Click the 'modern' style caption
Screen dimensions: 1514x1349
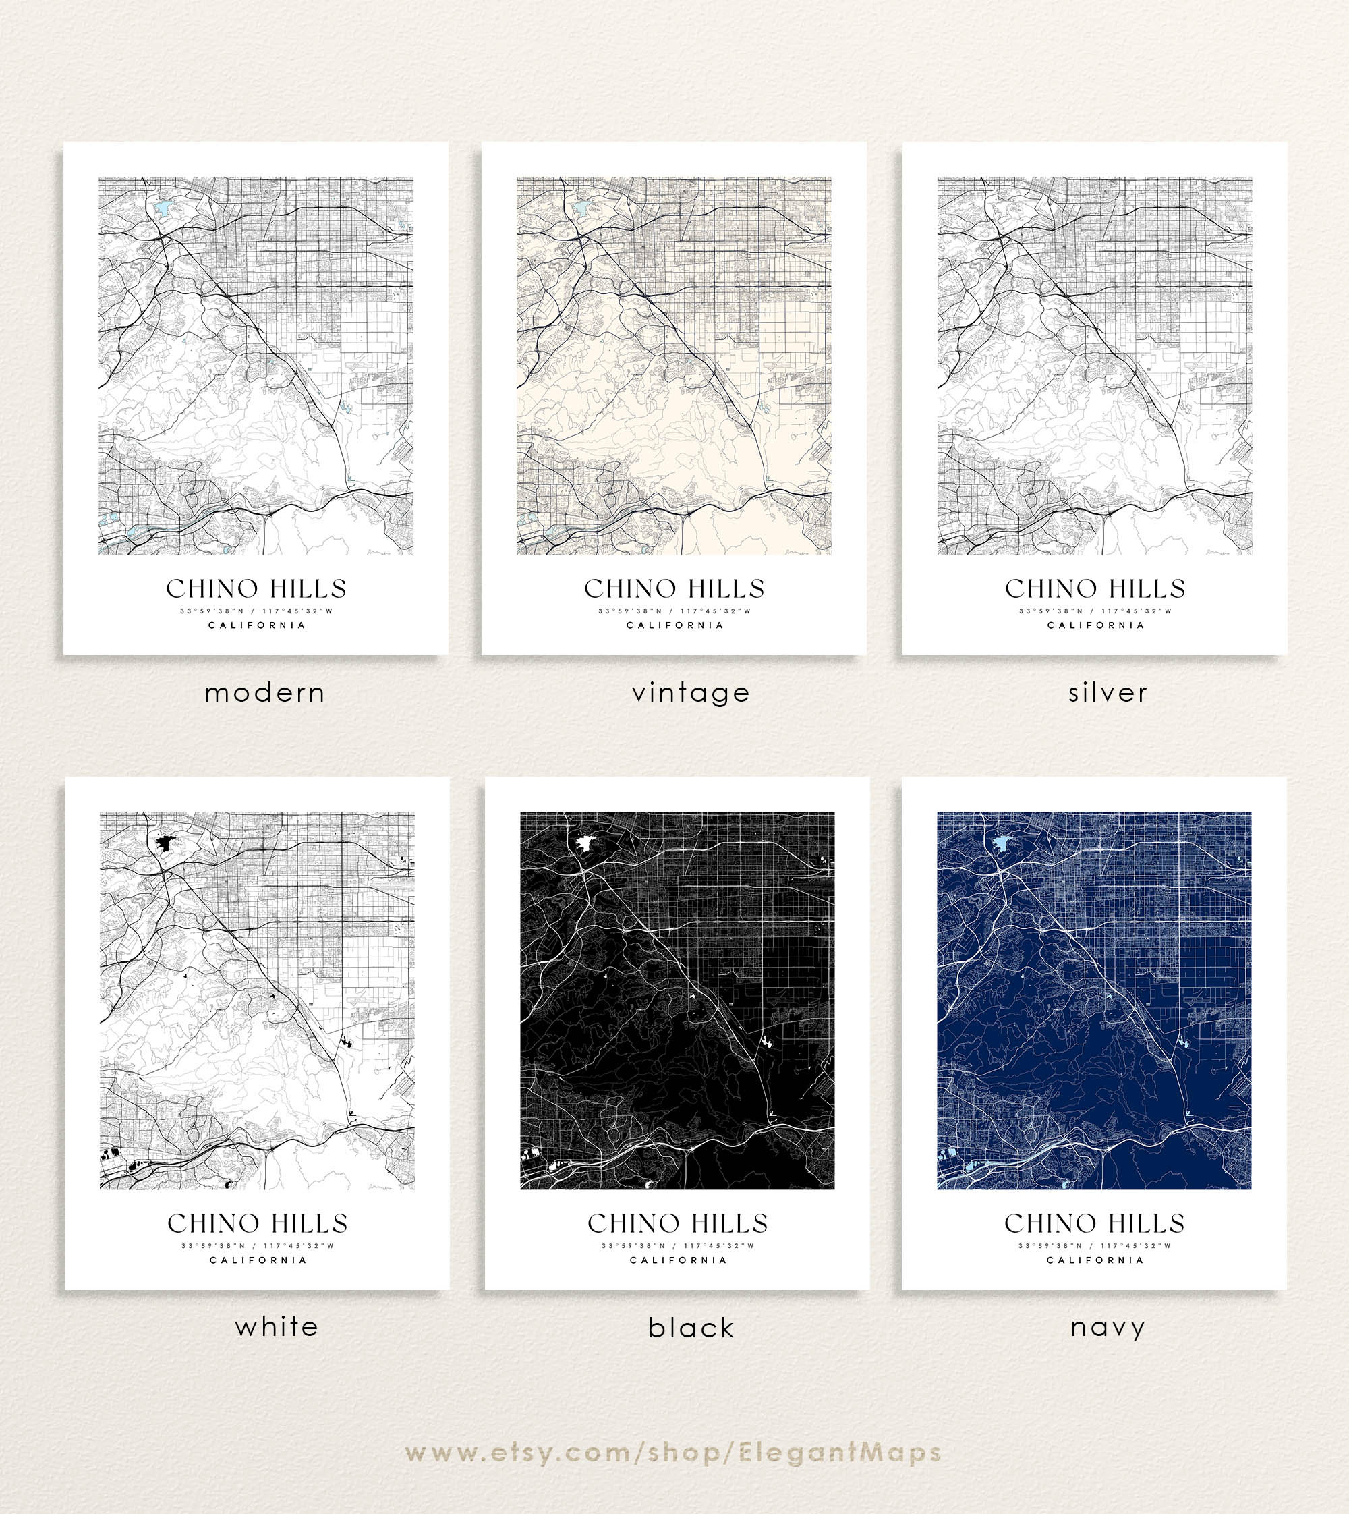[264, 693]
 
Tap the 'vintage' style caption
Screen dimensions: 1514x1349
[691, 693]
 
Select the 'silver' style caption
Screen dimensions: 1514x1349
[1108, 693]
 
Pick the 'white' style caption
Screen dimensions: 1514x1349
[277, 1326]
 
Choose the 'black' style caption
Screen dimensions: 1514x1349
[691, 1328]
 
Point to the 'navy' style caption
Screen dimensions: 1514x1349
[1108, 1327]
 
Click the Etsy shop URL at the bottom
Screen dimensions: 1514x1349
[674, 1453]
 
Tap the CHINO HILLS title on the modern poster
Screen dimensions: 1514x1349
[256, 589]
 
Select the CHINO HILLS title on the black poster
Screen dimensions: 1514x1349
[677, 1223]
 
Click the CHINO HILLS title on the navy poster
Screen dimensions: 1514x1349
[1095, 1223]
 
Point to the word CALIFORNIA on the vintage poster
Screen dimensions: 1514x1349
[674, 625]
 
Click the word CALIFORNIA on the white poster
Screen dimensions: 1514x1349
[258, 1260]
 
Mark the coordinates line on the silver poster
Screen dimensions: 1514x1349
[1095, 612]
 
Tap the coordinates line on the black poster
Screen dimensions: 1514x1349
[677, 1245]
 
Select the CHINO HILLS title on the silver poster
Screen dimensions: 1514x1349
[1095, 589]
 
